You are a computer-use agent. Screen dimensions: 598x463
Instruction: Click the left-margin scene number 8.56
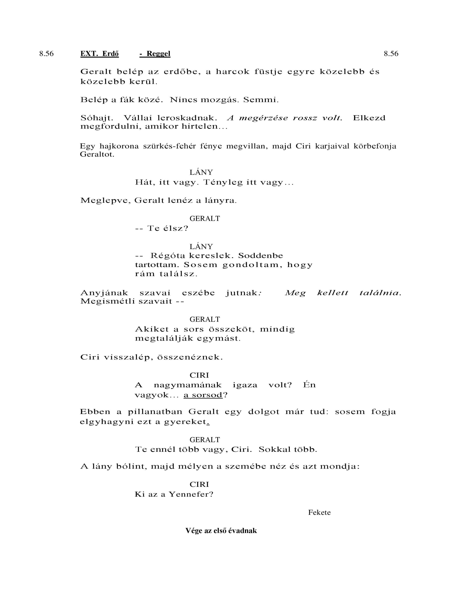point(46,54)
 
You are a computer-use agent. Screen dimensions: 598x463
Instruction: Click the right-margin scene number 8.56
point(391,54)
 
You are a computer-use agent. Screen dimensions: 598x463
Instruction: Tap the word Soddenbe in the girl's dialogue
point(261,256)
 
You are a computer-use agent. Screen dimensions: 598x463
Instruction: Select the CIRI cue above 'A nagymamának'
point(199,375)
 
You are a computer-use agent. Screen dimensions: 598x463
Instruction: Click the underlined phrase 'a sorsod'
point(203,395)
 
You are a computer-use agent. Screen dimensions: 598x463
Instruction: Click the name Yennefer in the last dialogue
point(191,494)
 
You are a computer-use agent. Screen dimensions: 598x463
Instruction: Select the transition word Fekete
point(319,513)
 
